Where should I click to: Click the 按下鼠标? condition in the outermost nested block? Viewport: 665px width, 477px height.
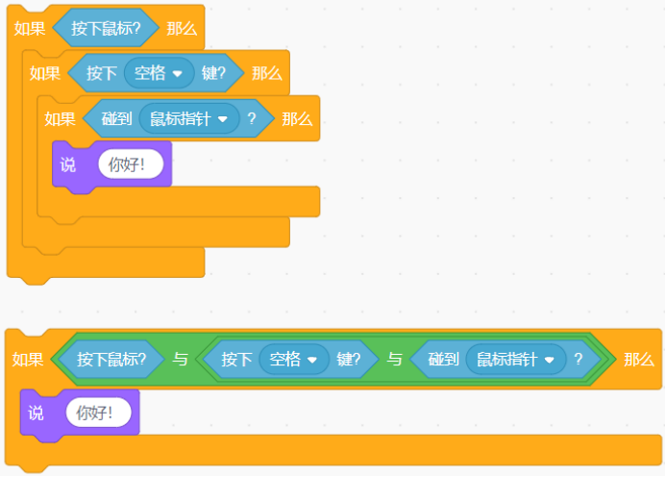106,28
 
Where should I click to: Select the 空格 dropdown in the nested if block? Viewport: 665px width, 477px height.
159,73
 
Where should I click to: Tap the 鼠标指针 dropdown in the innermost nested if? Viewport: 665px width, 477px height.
188,118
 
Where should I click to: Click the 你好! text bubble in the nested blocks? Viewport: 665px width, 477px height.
131,163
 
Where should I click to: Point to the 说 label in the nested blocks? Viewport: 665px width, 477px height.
68,164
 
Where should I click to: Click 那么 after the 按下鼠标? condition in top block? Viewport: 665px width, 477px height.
182,29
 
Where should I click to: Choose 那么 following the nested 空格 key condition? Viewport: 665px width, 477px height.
267,73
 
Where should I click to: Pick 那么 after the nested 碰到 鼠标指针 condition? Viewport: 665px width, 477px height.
297,119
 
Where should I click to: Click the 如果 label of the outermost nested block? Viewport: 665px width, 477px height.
30,29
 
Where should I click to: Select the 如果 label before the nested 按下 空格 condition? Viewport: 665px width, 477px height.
45,73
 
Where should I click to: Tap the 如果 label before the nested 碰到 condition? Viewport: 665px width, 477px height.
61,119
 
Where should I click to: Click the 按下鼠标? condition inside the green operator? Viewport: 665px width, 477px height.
111,359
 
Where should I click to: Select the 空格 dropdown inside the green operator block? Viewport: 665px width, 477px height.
294,359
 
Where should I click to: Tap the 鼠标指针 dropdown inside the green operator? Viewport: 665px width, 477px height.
516,359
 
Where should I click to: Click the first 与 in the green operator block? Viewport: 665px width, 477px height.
180,359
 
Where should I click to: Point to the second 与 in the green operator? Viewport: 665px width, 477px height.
394,359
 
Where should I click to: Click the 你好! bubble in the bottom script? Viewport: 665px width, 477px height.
98,412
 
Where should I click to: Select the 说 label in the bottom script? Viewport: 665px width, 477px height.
36,413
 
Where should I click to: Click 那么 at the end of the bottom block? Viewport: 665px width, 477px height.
639,360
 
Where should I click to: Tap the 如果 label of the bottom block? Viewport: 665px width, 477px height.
28,360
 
